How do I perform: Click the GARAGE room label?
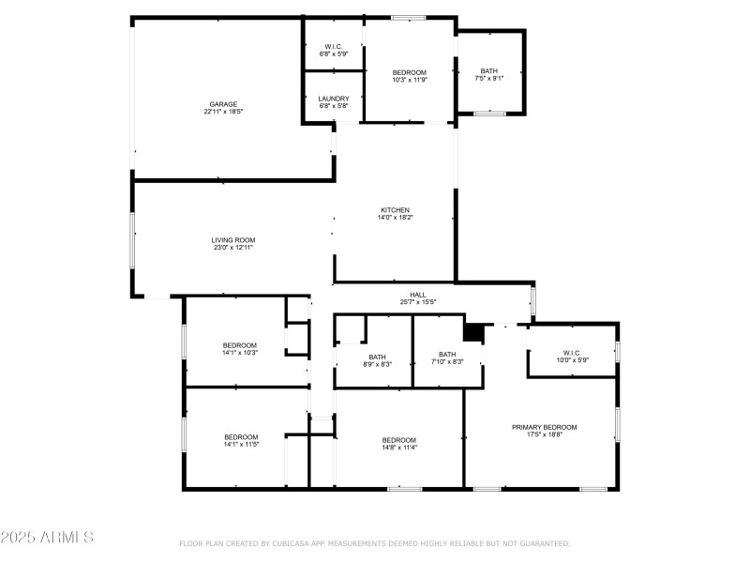[x=223, y=104]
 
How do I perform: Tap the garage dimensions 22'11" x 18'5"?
[x=223, y=112]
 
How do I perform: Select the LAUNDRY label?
[x=334, y=99]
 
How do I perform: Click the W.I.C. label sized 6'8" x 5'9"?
[x=334, y=47]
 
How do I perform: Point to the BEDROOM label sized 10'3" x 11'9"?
[x=410, y=73]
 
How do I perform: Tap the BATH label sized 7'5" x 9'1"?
[x=489, y=71]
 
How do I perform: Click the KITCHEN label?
[x=395, y=210]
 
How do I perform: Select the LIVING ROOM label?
[x=233, y=240]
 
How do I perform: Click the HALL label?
[x=418, y=295]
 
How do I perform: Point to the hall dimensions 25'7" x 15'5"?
[x=418, y=302]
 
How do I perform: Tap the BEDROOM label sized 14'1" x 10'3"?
[x=240, y=345]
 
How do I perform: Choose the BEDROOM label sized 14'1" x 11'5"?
[x=241, y=437]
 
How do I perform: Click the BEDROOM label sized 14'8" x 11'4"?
[x=399, y=440]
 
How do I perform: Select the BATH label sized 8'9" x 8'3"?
[x=377, y=357]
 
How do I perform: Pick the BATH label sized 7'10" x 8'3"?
[x=447, y=355]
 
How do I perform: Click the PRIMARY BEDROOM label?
[x=544, y=427]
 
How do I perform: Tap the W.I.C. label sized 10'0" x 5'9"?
[x=572, y=353]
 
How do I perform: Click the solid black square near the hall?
[x=474, y=333]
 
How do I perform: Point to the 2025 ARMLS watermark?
[x=47, y=538]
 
